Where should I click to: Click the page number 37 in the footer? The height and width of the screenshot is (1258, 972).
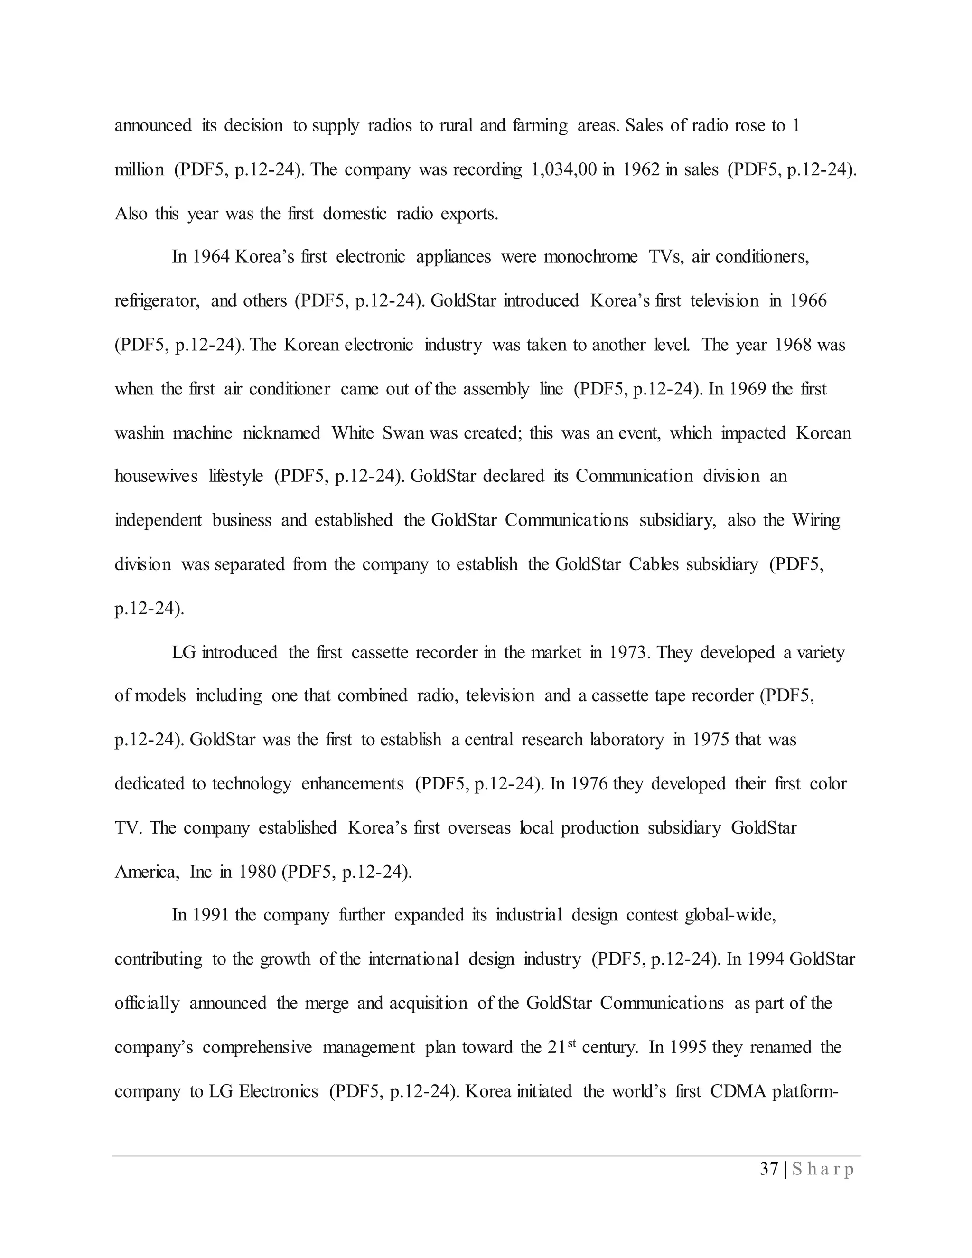point(769,1169)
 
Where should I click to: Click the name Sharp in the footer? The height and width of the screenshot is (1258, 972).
point(823,1169)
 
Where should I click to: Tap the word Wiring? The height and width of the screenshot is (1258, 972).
point(816,520)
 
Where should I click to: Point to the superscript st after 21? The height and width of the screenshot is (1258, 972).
point(572,1042)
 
